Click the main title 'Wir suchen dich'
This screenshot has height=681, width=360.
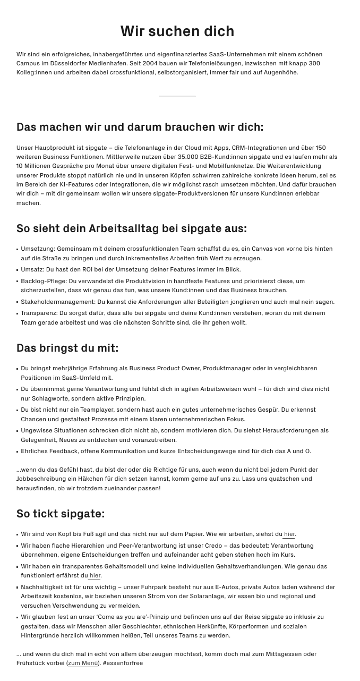pos(177,31)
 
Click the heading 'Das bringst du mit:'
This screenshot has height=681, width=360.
pos(67,348)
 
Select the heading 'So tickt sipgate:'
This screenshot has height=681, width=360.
pos(61,514)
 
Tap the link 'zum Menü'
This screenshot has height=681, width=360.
pos(83,663)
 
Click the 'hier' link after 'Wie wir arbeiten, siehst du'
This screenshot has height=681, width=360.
pos(289,534)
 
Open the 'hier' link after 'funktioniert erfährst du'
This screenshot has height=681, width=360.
pos(95,576)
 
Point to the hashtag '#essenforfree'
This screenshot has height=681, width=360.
pos(123,663)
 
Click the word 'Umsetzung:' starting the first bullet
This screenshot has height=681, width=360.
pos(38,249)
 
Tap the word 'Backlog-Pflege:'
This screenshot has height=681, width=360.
pos(44,281)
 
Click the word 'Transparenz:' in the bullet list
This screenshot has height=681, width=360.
pos(39,313)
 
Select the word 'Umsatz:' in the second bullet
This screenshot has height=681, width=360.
pos(32,269)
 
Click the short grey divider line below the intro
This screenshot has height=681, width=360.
pos(177,96)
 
